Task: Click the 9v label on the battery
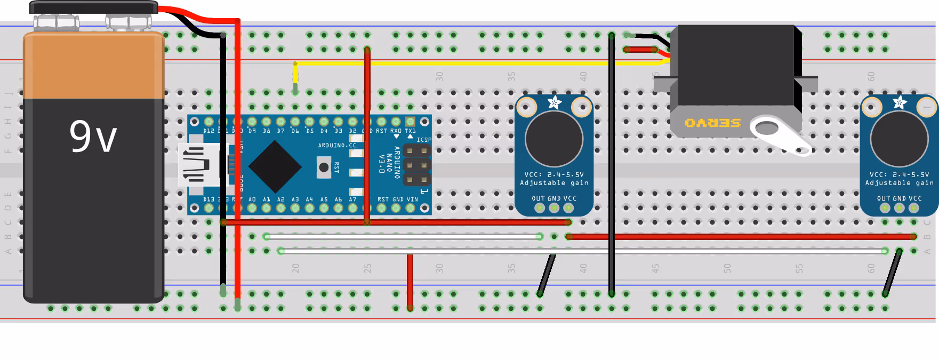click(x=93, y=137)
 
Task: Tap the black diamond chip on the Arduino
click(x=275, y=167)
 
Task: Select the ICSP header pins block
click(x=416, y=165)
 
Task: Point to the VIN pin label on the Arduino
click(x=412, y=199)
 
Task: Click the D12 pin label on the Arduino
click(x=208, y=131)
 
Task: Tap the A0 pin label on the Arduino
click(x=252, y=199)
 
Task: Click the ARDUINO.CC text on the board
click(x=337, y=145)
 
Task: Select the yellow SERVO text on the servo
click(x=713, y=123)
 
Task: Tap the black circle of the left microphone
click(x=554, y=139)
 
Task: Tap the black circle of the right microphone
click(x=899, y=139)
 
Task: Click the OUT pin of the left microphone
click(x=540, y=207)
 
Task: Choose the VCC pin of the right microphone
click(x=914, y=207)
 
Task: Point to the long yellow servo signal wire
click(x=453, y=63)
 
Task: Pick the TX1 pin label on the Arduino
click(x=410, y=131)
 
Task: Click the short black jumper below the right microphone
click(x=892, y=272)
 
